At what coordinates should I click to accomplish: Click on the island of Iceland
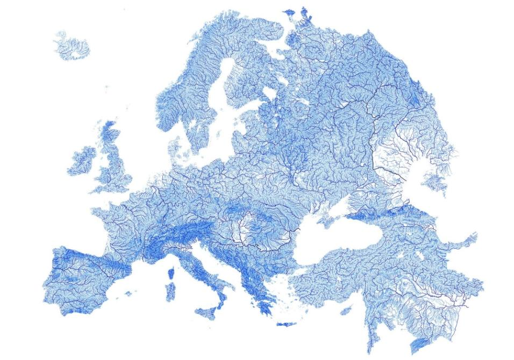coord(72,46)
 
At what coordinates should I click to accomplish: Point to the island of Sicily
coord(205,311)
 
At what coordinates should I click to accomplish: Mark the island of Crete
coord(287,324)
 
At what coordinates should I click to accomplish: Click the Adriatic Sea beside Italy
coord(215,263)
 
